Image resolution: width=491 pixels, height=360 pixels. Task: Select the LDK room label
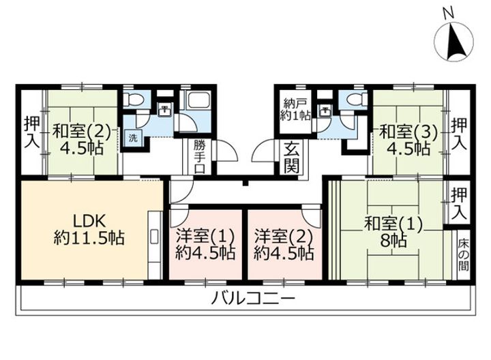[89, 221]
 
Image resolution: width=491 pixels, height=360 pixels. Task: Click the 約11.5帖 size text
[89, 238]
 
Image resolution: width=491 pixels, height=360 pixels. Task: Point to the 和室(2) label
[81, 131]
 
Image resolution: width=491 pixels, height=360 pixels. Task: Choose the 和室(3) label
[408, 132]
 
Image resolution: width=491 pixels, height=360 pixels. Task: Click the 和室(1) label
[393, 224]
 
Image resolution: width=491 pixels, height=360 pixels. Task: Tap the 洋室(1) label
[205, 236]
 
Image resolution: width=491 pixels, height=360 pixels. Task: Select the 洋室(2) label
[284, 236]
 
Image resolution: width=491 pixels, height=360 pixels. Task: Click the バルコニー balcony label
[253, 298]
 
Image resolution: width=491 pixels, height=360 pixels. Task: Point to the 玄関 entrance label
[292, 157]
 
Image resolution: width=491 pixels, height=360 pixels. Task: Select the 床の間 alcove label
[464, 254]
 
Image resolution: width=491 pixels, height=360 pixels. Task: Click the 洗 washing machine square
[133, 138]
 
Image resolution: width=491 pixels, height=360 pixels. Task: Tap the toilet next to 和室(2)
[134, 100]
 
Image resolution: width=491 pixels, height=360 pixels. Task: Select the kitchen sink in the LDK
[154, 237]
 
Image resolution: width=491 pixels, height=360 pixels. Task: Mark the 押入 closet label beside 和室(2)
[32, 132]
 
